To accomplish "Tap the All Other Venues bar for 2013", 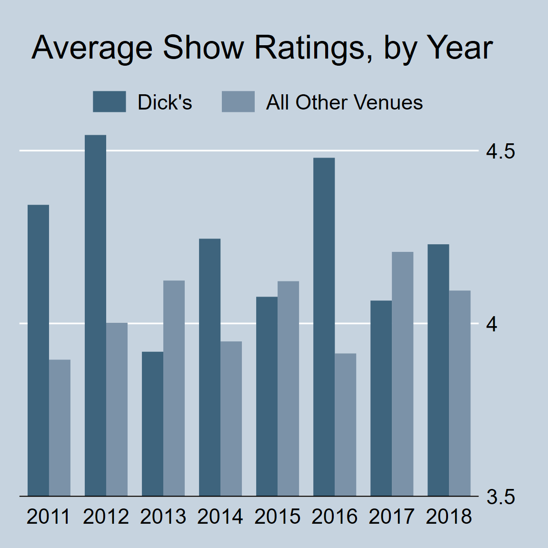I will click(x=174, y=388).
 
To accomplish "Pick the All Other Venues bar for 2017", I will click(x=402, y=374).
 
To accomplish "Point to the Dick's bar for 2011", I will click(x=38, y=350).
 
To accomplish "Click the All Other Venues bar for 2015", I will click(x=288, y=389).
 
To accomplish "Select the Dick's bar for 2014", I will click(x=209, y=367).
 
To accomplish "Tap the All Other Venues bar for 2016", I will click(x=345, y=424).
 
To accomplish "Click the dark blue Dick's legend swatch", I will click(x=109, y=102).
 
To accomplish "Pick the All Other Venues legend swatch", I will click(x=238, y=102).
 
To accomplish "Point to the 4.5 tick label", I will click(x=500, y=151).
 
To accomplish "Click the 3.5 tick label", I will click(x=500, y=497).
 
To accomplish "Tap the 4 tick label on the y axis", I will click(x=492, y=324).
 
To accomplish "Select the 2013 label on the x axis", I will click(x=163, y=517).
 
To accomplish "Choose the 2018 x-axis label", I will click(x=448, y=517).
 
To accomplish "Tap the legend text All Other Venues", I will click(x=344, y=102).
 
